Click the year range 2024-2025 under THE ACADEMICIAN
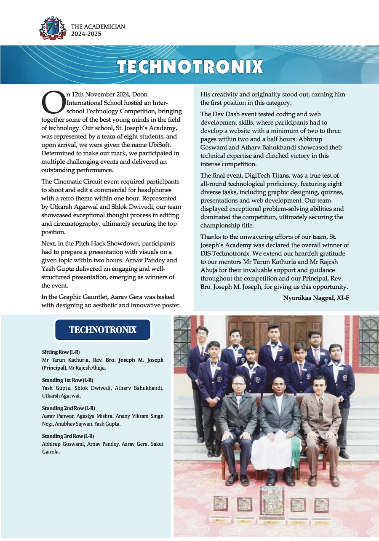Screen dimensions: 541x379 tap(86, 34)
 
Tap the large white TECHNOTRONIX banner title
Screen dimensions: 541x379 tap(190, 67)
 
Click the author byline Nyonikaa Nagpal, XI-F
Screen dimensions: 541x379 tap(316, 298)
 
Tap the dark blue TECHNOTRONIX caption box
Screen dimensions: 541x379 tap(103, 330)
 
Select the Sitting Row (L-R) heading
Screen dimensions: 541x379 tap(61, 352)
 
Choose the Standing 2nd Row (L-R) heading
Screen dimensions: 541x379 tap(68, 408)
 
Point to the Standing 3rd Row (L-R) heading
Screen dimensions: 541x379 tap(68, 436)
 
